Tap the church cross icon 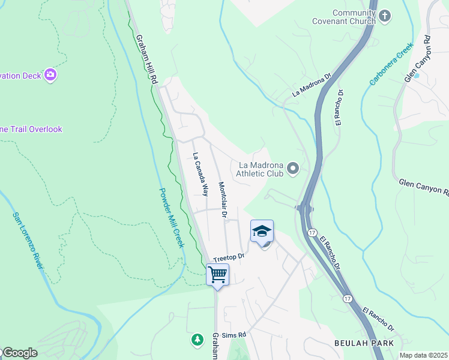385,15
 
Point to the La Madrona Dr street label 312,86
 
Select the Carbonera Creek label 391,63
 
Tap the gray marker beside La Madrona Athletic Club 293,169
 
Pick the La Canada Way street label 200,174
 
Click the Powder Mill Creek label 171,218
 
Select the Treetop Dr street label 229,256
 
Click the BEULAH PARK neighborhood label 364,343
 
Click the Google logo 19,353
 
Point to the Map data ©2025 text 423,355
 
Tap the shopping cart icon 218,275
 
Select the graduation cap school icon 262,231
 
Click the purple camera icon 50,75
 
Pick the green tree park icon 197,340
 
